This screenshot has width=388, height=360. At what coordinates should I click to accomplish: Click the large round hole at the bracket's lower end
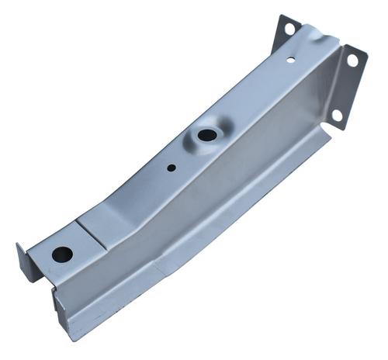(x=61, y=254)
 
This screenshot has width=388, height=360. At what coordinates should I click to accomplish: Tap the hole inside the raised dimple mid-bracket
(x=207, y=135)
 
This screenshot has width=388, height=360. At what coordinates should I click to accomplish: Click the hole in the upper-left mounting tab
(x=289, y=29)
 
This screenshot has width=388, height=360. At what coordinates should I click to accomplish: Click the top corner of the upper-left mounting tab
(x=281, y=16)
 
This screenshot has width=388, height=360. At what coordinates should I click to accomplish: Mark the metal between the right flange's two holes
(x=344, y=87)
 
